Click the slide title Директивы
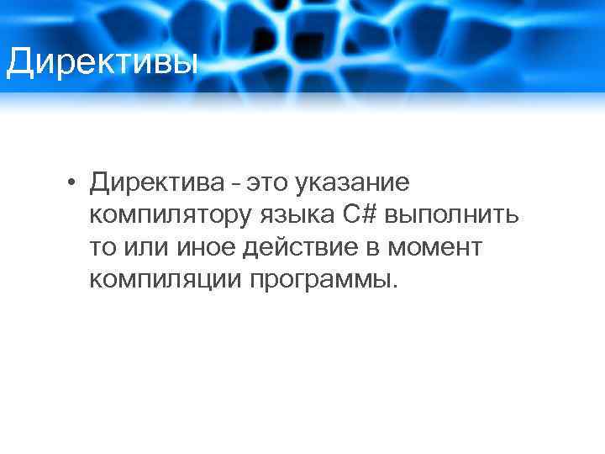tap(101, 61)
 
